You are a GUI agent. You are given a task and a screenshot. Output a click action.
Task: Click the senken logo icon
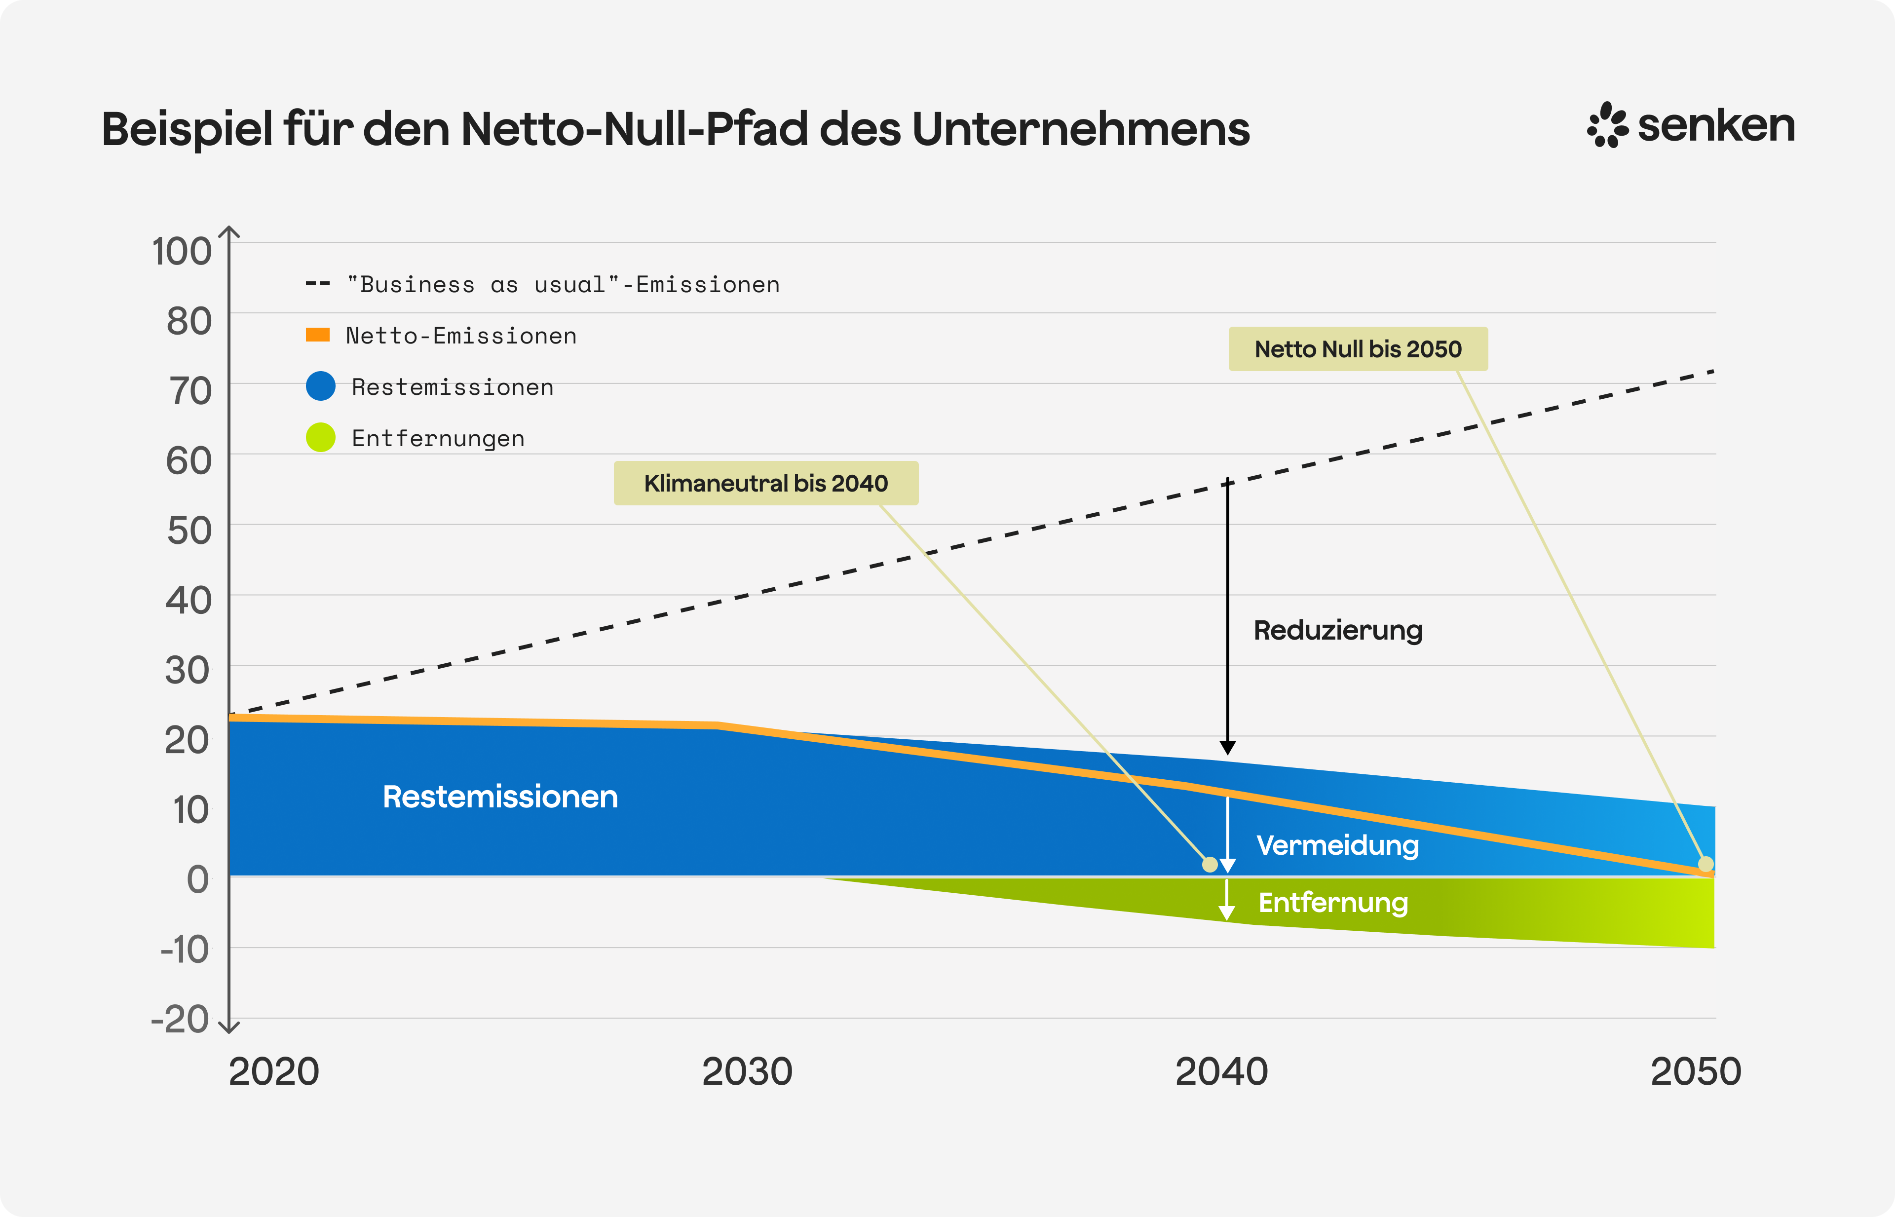point(1607,125)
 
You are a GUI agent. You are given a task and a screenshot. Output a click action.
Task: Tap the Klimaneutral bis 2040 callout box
point(766,483)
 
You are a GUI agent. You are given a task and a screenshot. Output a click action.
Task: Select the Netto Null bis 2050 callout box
point(1358,348)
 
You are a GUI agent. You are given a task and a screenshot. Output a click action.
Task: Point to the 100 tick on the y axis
point(182,251)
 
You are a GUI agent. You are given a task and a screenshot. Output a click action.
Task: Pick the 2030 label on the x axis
point(747,1071)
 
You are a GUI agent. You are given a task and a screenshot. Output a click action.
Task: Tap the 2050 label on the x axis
point(1695,1071)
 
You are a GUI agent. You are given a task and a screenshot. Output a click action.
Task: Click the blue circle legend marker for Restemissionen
point(321,386)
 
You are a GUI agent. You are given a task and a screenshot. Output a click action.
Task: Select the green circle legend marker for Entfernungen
point(321,437)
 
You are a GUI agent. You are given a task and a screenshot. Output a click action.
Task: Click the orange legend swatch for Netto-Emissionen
point(318,335)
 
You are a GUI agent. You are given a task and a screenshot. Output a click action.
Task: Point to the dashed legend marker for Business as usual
point(318,284)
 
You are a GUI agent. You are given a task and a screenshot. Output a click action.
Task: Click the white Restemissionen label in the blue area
point(500,797)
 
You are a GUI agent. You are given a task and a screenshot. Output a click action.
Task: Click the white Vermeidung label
point(1337,845)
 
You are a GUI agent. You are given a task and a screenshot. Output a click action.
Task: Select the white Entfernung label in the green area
point(1333,903)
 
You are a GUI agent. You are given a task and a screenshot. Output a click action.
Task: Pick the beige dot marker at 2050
point(1705,864)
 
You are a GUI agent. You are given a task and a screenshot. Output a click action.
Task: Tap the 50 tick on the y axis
point(189,530)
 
